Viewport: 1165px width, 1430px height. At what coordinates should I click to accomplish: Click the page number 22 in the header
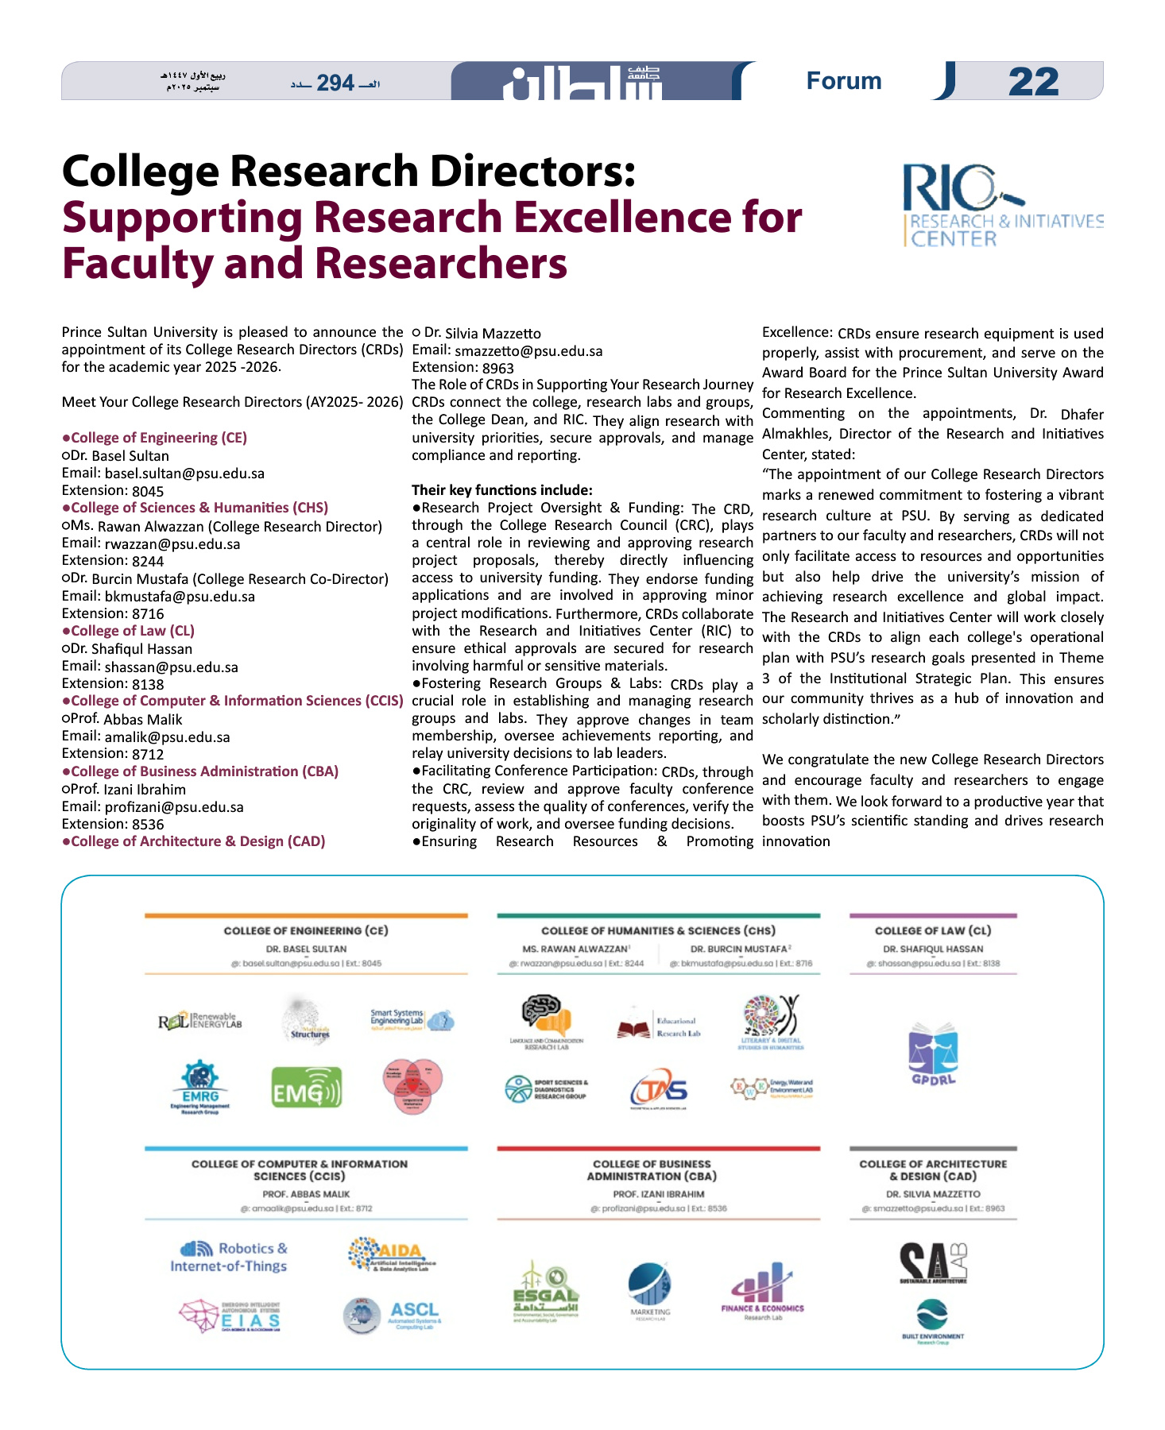coord(1033,82)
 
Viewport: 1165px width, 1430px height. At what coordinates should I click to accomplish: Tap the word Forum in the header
coord(843,81)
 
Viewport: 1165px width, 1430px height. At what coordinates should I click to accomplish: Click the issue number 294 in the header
coord(335,83)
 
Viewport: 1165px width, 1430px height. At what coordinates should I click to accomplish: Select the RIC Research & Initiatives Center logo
coord(1002,206)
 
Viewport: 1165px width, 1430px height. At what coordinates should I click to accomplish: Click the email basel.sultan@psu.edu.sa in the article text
coord(184,473)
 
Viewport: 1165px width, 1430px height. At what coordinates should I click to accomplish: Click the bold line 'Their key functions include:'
coord(501,490)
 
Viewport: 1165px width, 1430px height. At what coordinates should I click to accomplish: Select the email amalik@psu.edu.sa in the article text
coord(167,737)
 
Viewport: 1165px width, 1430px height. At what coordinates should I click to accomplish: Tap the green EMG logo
coord(306,1088)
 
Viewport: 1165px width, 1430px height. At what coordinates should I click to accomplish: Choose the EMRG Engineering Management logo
coord(199,1088)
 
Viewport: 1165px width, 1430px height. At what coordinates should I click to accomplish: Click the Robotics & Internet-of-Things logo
coord(230,1257)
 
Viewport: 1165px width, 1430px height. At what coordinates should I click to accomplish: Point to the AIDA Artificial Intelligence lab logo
coord(392,1254)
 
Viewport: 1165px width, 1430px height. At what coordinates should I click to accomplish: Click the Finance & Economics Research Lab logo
coord(762,1292)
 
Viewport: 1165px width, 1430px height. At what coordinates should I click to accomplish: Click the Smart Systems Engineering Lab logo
coord(411,1019)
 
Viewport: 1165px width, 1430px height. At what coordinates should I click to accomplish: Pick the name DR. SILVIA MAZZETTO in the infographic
coord(933,1194)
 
